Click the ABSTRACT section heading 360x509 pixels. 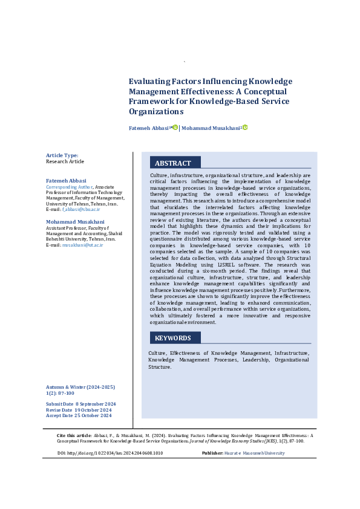(x=173, y=163)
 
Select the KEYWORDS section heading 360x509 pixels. (x=173, y=338)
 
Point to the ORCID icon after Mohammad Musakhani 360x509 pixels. (x=245, y=128)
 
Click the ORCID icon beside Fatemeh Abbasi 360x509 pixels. (x=175, y=128)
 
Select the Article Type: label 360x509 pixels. (x=62, y=155)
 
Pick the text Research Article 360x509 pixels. (x=65, y=162)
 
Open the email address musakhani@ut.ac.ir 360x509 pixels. (x=82, y=244)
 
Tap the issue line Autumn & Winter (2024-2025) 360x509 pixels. (x=80, y=387)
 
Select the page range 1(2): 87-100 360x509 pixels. (x=61, y=393)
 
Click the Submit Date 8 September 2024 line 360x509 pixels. (x=81, y=404)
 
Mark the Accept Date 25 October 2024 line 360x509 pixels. (x=79, y=415)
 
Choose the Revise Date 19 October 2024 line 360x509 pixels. (x=79, y=410)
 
